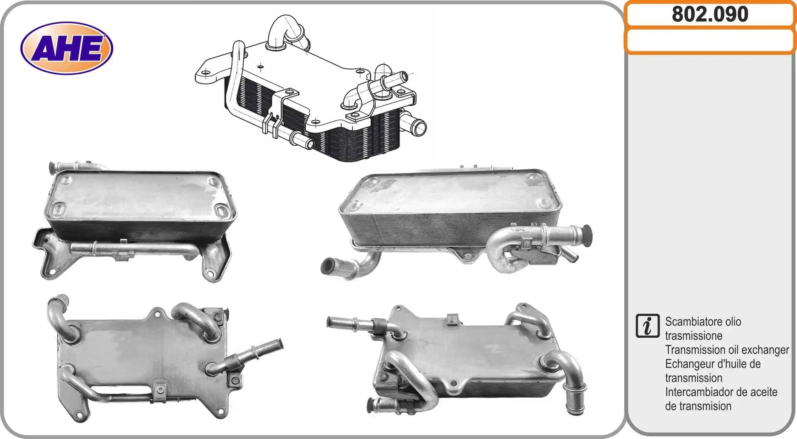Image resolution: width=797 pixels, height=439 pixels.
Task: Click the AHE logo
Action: click(x=66, y=48)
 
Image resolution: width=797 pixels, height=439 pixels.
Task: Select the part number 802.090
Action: click(x=710, y=14)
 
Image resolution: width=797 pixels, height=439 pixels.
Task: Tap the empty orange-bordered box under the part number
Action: click(x=710, y=41)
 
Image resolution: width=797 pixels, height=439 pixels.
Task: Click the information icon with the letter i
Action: click(x=647, y=326)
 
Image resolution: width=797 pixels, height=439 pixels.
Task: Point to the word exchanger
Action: click(x=765, y=350)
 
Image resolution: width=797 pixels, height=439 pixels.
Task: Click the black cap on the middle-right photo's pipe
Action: click(x=587, y=236)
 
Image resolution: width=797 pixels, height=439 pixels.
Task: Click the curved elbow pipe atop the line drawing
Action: click(x=286, y=31)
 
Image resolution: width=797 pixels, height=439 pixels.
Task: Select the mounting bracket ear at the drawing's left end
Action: click(x=210, y=74)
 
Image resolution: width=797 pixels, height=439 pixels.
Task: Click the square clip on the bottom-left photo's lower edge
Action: click(x=159, y=390)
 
